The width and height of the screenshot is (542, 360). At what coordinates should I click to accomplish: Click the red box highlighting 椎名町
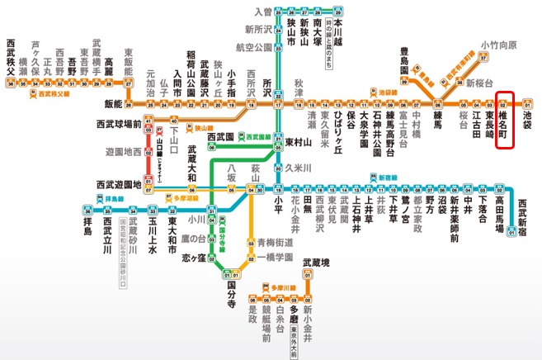pos(507,121)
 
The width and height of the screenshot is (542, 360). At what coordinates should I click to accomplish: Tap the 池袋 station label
pos(529,120)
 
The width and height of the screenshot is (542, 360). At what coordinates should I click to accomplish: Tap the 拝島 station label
pos(90,225)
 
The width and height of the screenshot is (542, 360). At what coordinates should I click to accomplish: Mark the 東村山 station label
pos(299,142)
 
